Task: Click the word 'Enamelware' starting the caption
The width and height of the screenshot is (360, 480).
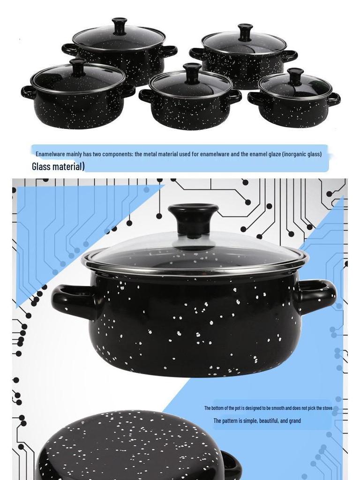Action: click(50, 154)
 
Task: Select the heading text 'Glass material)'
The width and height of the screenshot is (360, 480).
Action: click(58, 166)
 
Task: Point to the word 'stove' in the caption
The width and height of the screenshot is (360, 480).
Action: click(326, 408)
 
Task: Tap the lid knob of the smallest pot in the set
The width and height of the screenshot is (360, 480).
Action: click(295, 75)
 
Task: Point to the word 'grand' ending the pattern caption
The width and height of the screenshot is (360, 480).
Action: click(295, 420)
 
